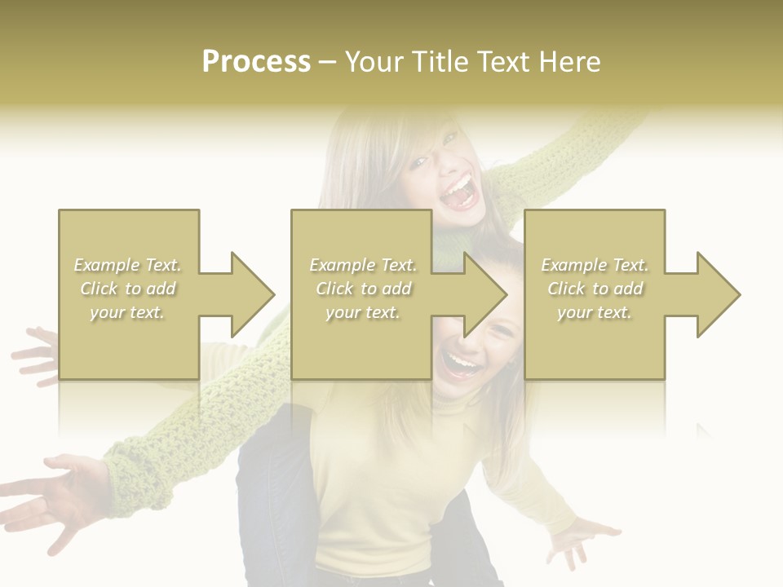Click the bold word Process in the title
[x=256, y=62]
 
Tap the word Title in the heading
[x=440, y=62]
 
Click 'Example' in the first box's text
[x=107, y=265]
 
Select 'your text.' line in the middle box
[x=362, y=312]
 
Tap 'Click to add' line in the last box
[x=595, y=289]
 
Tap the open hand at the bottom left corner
[x=53, y=497]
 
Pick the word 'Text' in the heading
[x=502, y=62]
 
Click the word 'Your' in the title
[x=374, y=62]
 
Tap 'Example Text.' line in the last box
[x=595, y=265]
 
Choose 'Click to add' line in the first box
[x=128, y=289]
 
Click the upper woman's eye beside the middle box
[x=418, y=163]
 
